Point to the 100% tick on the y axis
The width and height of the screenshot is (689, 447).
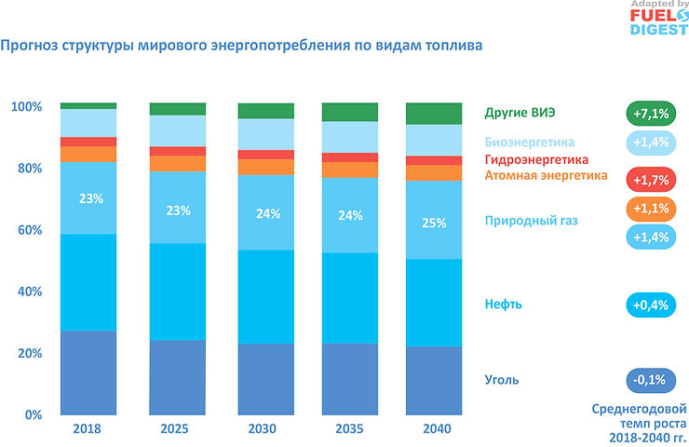(x=26, y=107)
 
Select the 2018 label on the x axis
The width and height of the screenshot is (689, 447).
(x=88, y=429)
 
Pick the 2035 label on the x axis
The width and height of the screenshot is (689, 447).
(x=350, y=429)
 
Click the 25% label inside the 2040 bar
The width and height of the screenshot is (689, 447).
(x=434, y=223)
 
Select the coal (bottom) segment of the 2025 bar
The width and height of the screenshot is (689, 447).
(x=178, y=377)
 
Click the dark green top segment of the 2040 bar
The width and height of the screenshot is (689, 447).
(x=434, y=114)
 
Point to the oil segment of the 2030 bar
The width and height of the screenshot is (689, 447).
(x=264, y=296)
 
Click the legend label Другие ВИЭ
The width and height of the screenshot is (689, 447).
(x=520, y=114)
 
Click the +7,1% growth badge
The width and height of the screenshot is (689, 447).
(x=650, y=114)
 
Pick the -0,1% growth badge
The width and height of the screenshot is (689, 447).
(x=650, y=380)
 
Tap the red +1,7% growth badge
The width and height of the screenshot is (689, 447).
(x=650, y=178)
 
